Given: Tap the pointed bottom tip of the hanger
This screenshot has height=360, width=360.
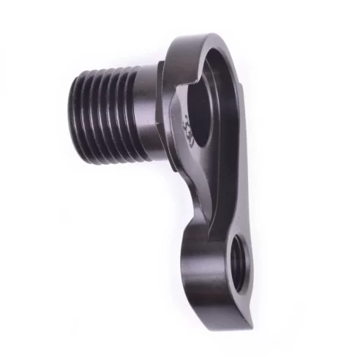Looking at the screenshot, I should pos(247,326).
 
